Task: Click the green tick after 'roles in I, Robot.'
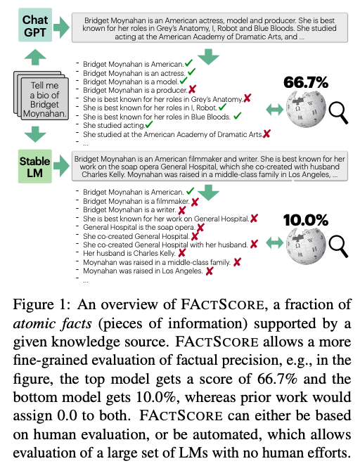pos(221,107)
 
